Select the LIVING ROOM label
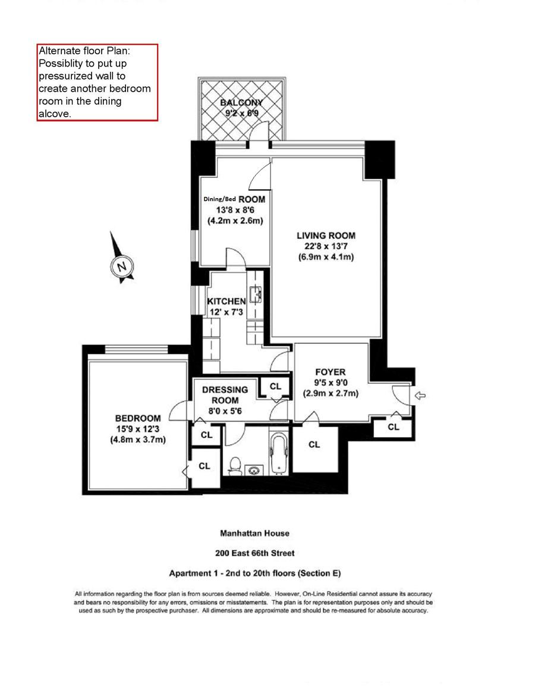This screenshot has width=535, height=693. pyautogui.click(x=326, y=236)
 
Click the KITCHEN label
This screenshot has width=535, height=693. pyautogui.click(x=226, y=302)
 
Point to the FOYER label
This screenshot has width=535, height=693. pyautogui.click(x=331, y=372)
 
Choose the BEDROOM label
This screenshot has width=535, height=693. pyautogui.click(x=138, y=418)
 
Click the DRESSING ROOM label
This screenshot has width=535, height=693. pyautogui.click(x=225, y=395)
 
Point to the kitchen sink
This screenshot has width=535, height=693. pyautogui.click(x=257, y=294)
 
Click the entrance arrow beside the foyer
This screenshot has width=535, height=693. pyautogui.click(x=420, y=395)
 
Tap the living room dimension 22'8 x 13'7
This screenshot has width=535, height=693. pyautogui.click(x=326, y=246)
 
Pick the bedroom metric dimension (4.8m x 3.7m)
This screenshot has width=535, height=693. pyautogui.click(x=138, y=440)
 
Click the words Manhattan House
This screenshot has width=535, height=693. pyautogui.click(x=254, y=533)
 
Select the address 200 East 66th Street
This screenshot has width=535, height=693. pyautogui.click(x=254, y=553)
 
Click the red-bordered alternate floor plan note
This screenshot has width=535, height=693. pyautogui.click(x=97, y=82)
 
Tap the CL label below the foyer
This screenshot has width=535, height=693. pyautogui.click(x=314, y=444)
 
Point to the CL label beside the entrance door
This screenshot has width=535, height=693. pyautogui.click(x=393, y=427)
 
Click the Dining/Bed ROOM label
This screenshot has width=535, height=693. pyautogui.click(x=234, y=199)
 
